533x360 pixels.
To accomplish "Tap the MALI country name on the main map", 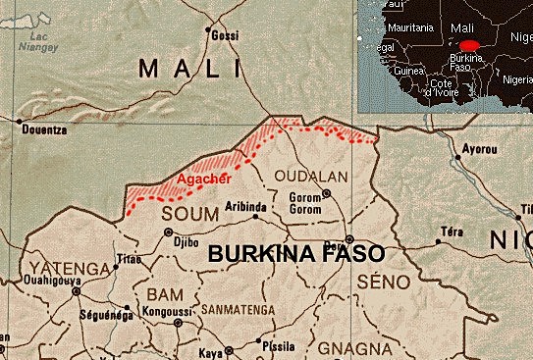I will (x=189, y=69).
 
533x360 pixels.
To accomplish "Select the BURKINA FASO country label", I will (x=295, y=252).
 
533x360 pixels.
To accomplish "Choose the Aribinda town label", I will (x=244, y=208).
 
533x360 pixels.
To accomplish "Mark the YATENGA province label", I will (x=67, y=268).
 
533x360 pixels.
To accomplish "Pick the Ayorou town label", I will (x=479, y=150).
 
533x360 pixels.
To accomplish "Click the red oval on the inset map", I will (x=470, y=45).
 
